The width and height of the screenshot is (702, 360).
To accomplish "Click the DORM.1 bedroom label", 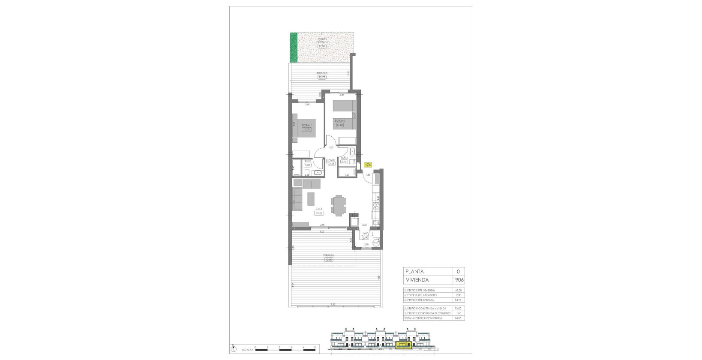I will click(306, 125).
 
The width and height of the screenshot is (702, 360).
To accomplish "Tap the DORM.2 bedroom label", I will click(340, 121).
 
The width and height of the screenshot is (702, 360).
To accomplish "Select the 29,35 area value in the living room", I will click(318, 213).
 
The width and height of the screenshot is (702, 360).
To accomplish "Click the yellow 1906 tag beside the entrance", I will click(368, 164).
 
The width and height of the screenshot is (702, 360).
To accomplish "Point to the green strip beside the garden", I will click(294, 47).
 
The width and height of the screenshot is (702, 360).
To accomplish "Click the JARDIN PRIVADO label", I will click(322, 40).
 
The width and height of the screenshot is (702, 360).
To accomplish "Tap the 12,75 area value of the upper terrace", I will click(322, 78).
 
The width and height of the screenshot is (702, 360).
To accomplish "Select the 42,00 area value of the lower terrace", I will click(328, 259).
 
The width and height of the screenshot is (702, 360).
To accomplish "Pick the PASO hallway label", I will click(332, 160).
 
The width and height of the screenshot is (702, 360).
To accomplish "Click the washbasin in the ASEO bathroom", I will click(317, 173).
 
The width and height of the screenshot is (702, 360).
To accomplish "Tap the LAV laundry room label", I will click(366, 234).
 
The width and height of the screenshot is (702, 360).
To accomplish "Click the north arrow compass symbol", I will click(231, 347).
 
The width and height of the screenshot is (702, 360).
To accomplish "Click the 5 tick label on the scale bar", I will click(315, 347).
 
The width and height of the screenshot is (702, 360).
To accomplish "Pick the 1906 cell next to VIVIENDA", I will click(459, 280).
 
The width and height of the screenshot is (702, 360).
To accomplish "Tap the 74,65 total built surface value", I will click(459, 318).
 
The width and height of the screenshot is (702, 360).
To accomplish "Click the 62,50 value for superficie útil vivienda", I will click(459, 290).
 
